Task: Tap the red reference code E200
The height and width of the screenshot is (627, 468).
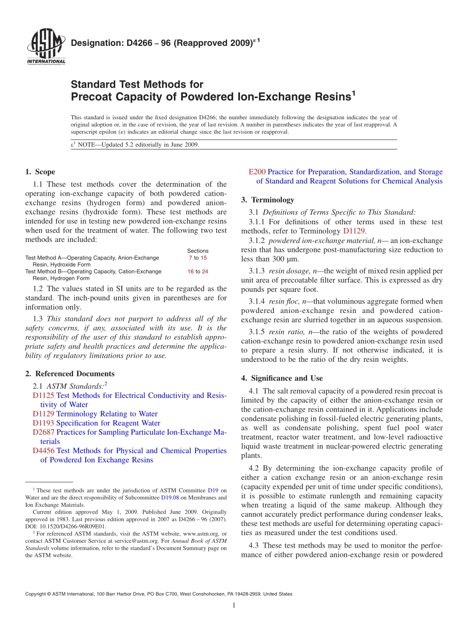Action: tap(257, 172)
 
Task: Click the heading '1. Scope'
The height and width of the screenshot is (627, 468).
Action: tap(40, 172)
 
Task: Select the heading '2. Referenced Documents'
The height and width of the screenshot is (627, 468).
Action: tap(69, 374)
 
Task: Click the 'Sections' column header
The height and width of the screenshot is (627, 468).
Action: tap(198, 251)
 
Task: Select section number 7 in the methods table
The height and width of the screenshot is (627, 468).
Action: tap(190, 258)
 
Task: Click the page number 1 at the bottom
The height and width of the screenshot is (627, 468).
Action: tap(234, 605)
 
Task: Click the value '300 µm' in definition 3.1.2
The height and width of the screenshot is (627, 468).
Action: tap(287, 259)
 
